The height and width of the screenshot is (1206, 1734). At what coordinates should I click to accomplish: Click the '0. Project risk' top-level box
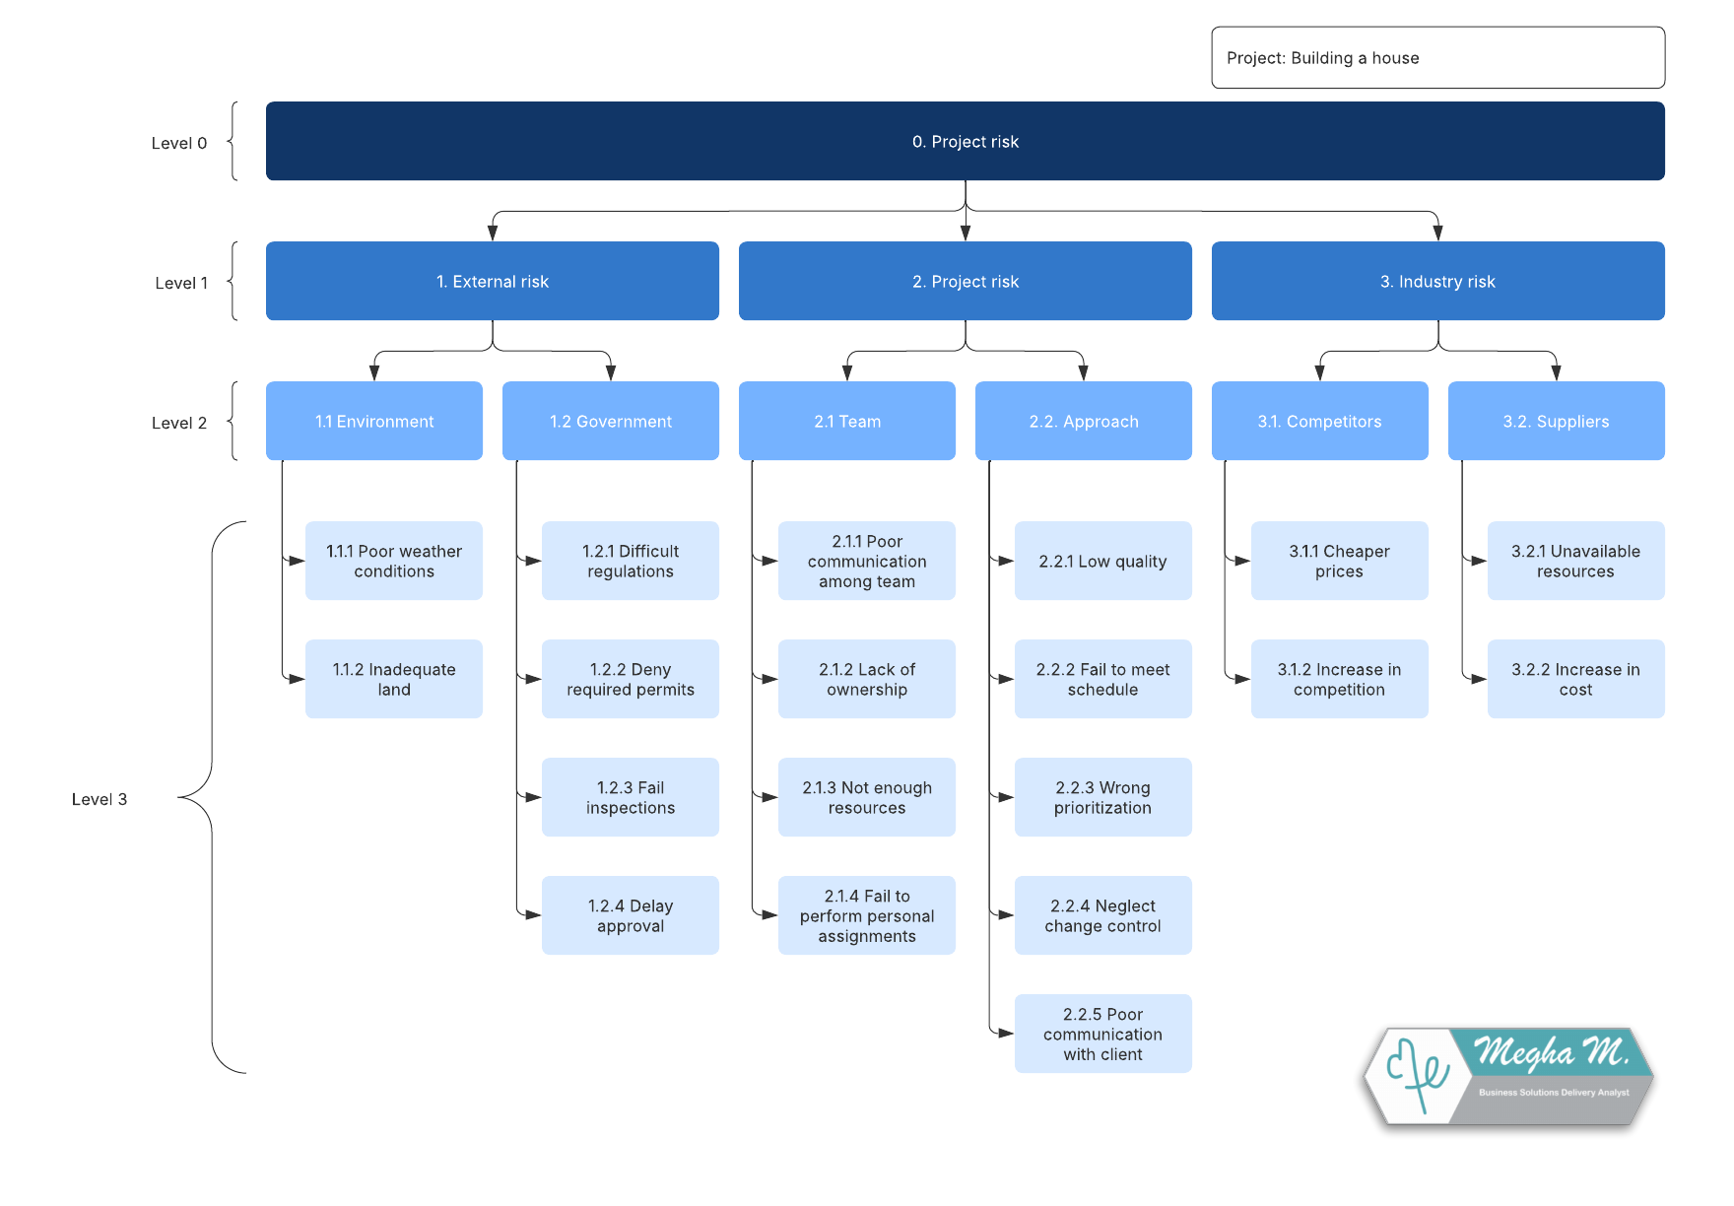pyautogui.click(x=966, y=141)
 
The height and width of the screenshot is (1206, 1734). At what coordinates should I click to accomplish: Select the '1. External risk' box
pyautogui.click(x=493, y=281)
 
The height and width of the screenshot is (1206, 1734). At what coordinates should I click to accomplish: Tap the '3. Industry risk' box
pyautogui.click(x=1438, y=281)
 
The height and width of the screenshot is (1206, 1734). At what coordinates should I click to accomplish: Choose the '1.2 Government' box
pyautogui.click(x=611, y=421)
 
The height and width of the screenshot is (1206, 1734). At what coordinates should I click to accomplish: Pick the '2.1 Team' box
pyautogui.click(x=847, y=421)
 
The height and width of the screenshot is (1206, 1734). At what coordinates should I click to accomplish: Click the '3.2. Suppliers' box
pyautogui.click(x=1557, y=421)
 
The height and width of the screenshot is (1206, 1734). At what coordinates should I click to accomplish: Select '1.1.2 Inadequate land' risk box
pyautogui.click(x=394, y=679)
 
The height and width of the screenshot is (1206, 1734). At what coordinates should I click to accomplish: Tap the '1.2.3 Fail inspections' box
pyautogui.click(x=631, y=797)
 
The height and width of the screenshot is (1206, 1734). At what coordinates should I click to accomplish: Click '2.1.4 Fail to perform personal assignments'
pyautogui.click(x=867, y=915)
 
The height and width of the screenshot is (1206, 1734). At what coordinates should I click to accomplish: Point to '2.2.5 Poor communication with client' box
pyautogui.click(x=1103, y=1034)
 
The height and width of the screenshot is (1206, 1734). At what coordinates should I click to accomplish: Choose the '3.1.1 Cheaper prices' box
pyautogui.click(x=1340, y=561)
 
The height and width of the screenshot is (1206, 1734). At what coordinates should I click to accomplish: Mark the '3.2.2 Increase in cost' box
pyautogui.click(x=1576, y=679)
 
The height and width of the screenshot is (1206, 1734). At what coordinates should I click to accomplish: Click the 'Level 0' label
pyautogui.click(x=179, y=143)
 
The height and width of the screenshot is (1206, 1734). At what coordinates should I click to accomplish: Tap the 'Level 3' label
pyautogui.click(x=100, y=799)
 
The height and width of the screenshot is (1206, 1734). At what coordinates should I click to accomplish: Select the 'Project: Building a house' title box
pyautogui.click(x=1438, y=57)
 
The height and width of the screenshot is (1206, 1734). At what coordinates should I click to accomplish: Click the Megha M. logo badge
pyautogui.click(x=1508, y=1077)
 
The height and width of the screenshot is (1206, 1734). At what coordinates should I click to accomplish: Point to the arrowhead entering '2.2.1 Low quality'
pyautogui.click(x=1006, y=561)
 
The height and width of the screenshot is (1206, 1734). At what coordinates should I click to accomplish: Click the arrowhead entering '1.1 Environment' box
pyautogui.click(x=374, y=373)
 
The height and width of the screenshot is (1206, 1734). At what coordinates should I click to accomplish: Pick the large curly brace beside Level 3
pyautogui.click(x=212, y=797)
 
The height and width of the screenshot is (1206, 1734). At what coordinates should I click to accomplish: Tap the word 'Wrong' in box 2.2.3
pyautogui.click(x=1124, y=787)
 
